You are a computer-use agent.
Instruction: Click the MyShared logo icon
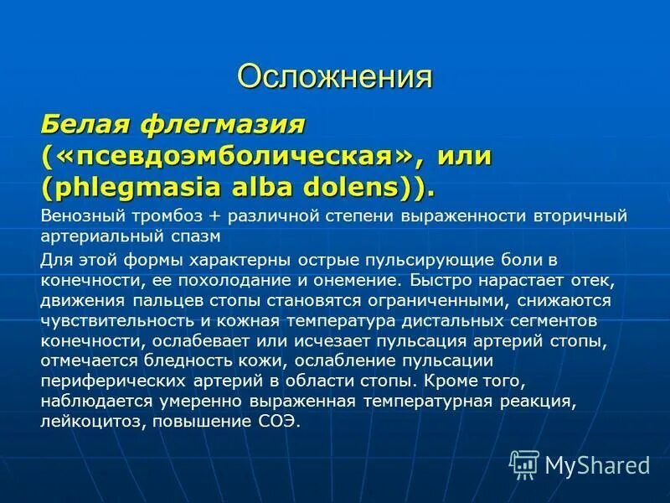coord(524,464)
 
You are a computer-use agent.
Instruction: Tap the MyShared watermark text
coord(597,464)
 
